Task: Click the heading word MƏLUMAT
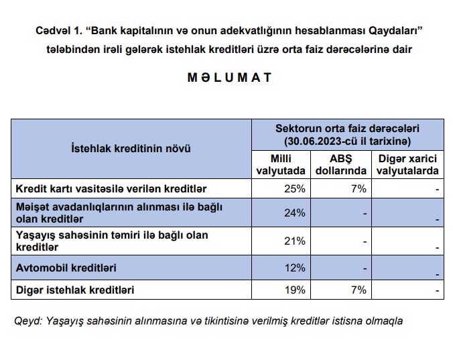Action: click(229, 77)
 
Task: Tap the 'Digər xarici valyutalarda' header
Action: click(408, 165)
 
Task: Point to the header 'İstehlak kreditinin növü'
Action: click(131, 149)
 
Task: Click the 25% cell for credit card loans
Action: click(295, 189)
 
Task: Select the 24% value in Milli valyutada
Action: click(295, 213)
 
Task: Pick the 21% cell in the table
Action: click(295, 241)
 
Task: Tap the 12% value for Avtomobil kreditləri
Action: click(295, 268)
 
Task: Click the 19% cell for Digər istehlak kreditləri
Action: click(295, 290)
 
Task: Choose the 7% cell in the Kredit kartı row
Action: click(359, 189)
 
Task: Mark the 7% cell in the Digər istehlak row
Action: click(359, 290)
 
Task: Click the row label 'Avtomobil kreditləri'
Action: click(66, 268)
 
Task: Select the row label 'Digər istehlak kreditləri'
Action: click(74, 290)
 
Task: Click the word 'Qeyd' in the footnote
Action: click(25, 320)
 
